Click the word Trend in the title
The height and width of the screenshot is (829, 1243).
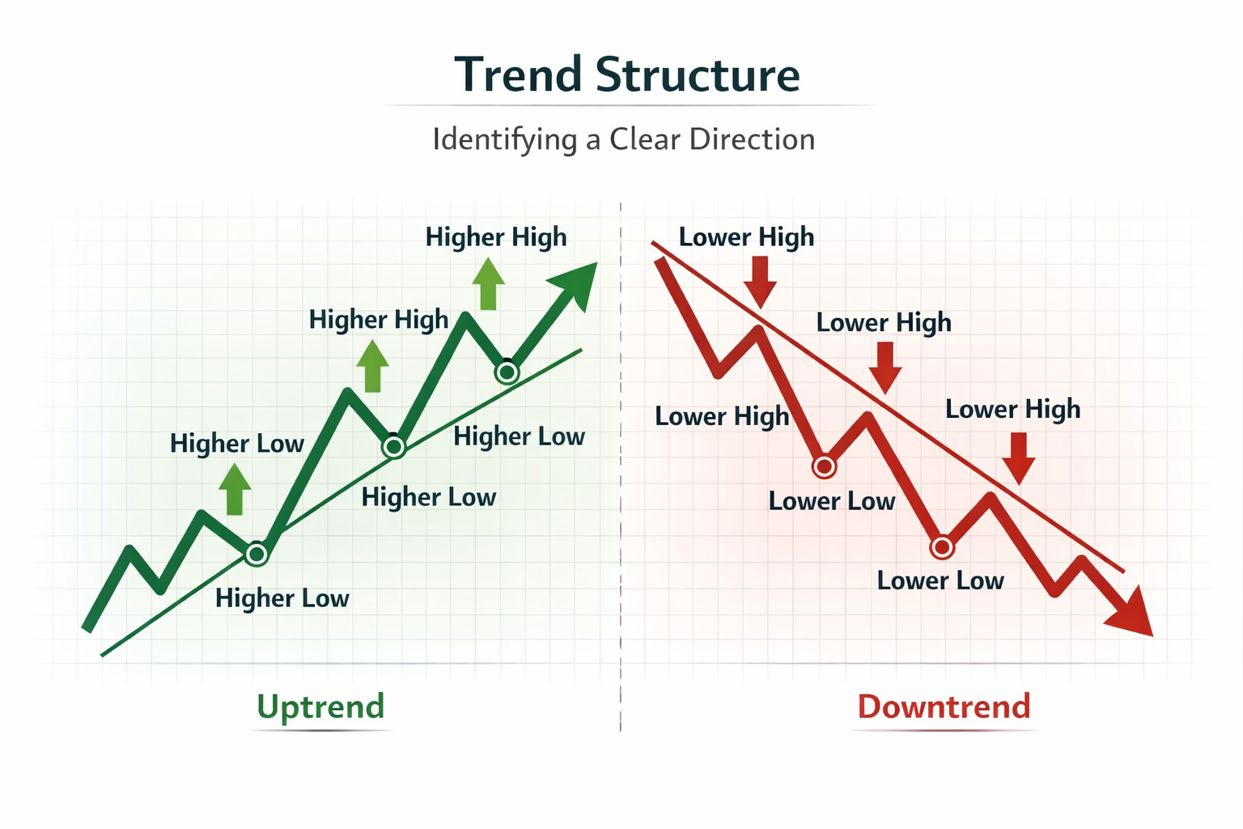pyautogui.click(x=518, y=75)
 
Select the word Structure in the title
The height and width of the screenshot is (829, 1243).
pyautogui.click(x=698, y=75)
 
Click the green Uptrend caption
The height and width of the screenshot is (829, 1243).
pyautogui.click(x=320, y=707)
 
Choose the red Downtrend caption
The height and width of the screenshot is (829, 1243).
pyautogui.click(x=944, y=707)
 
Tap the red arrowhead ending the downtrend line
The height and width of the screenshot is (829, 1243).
pyautogui.click(x=1133, y=614)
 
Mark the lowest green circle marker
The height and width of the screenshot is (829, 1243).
pyautogui.click(x=257, y=554)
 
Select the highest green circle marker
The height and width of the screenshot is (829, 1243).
pyautogui.click(x=507, y=372)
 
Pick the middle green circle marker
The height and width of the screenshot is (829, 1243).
pyautogui.click(x=394, y=446)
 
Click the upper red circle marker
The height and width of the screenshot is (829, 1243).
pyautogui.click(x=824, y=466)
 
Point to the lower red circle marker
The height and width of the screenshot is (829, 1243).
pyautogui.click(x=942, y=548)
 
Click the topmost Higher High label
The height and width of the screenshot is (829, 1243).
pyautogui.click(x=496, y=237)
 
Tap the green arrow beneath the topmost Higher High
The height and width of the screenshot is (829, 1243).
pyautogui.click(x=488, y=284)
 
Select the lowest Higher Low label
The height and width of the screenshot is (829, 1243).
pyautogui.click(x=282, y=598)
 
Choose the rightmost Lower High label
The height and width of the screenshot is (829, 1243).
pyautogui.click(x=1012, y=409)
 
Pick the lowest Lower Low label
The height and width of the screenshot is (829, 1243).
pyautogui.click(x=940, y=580)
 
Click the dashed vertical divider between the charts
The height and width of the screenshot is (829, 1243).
pyautogui.click(x=621, y=486)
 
